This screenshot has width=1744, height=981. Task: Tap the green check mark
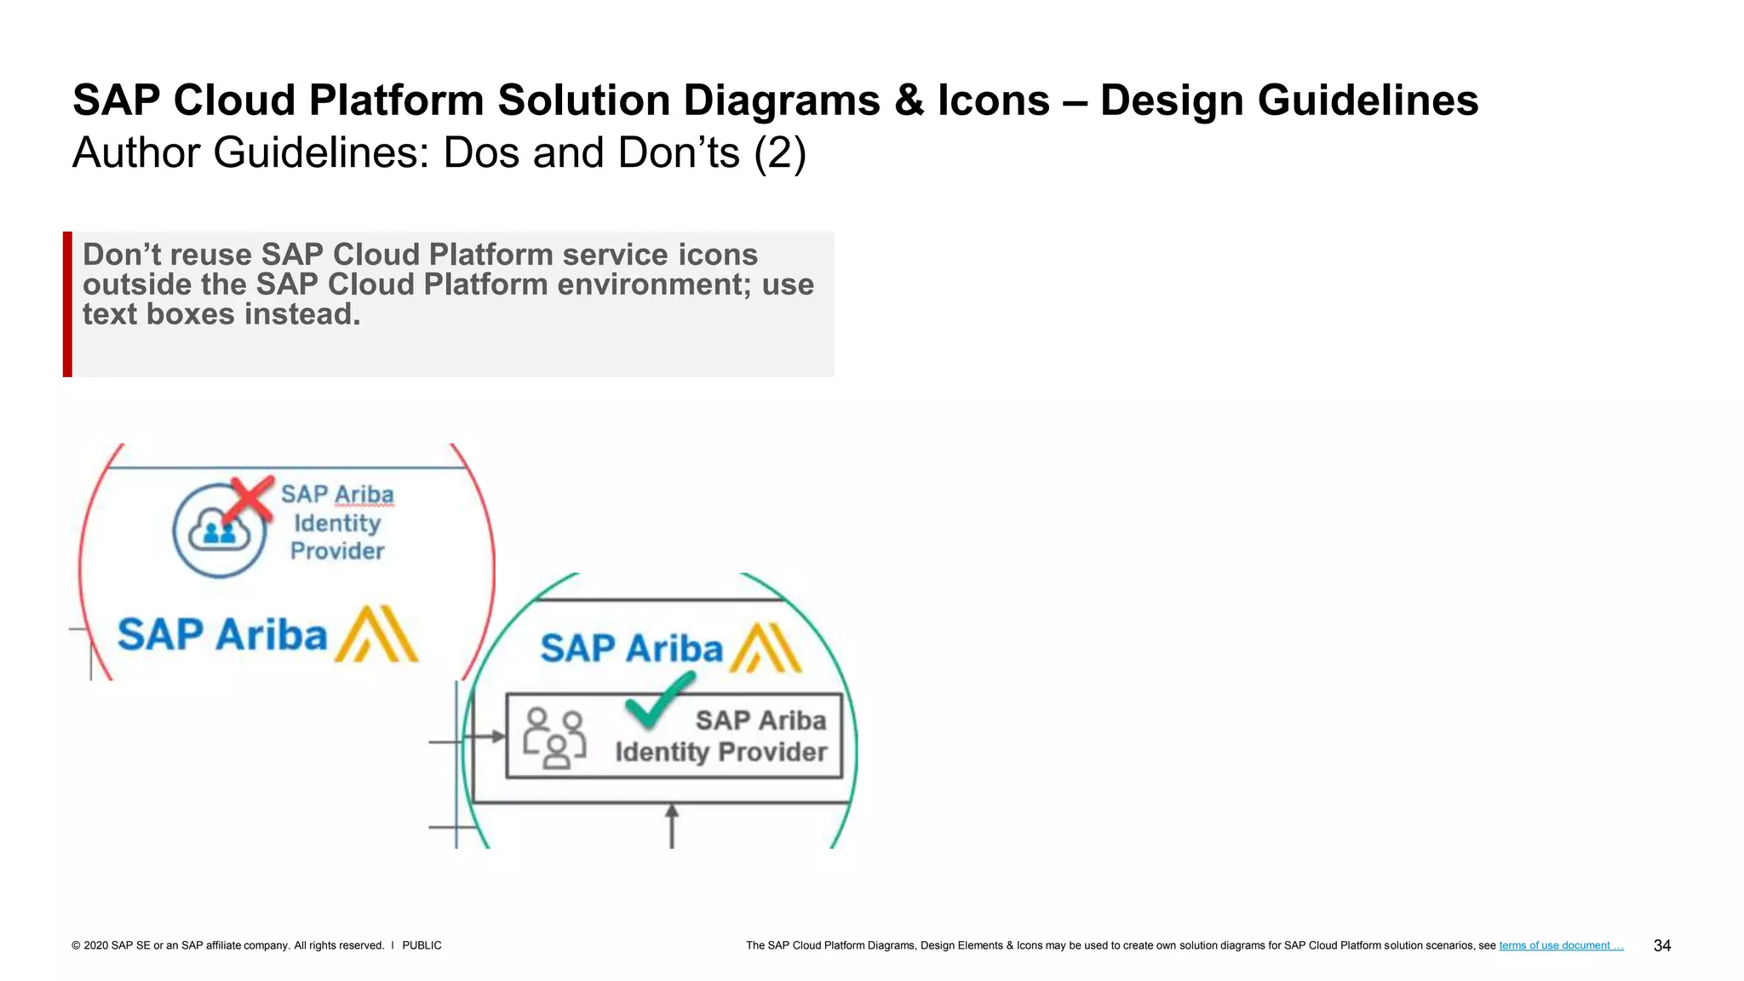[x=658, y=700]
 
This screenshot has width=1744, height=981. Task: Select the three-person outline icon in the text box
[x=554, y=737]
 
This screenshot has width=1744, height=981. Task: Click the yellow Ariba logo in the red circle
[x=376, y=634]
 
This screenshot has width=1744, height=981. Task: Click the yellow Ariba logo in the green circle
[x=766, y=648]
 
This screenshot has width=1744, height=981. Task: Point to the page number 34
[x=1661, y=945]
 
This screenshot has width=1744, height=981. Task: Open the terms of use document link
[x=1560, y=945]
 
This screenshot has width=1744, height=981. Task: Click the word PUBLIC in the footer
[x=422, y=945]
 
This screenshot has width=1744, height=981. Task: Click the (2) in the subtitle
[x=780, y=153]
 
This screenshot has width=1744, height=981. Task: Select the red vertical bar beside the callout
[x=67, y=304]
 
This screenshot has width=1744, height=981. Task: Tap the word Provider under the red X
[x=337, y=551]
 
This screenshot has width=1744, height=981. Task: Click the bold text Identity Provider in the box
[x=720, y=752]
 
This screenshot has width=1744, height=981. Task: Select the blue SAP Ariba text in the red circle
[x=221, y=635]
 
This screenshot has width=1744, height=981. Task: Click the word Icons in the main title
[x=993, y=100]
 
